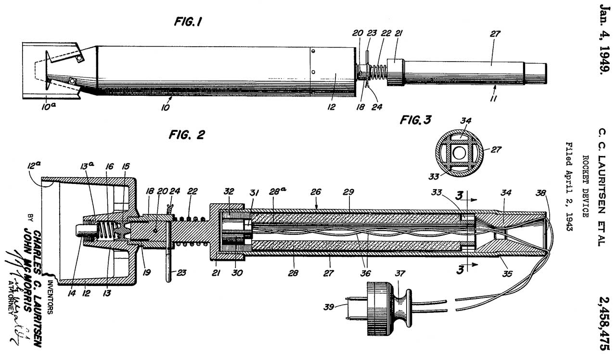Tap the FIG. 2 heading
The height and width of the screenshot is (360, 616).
click(186, 135)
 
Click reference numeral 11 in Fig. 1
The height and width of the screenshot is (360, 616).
click(494, 98)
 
